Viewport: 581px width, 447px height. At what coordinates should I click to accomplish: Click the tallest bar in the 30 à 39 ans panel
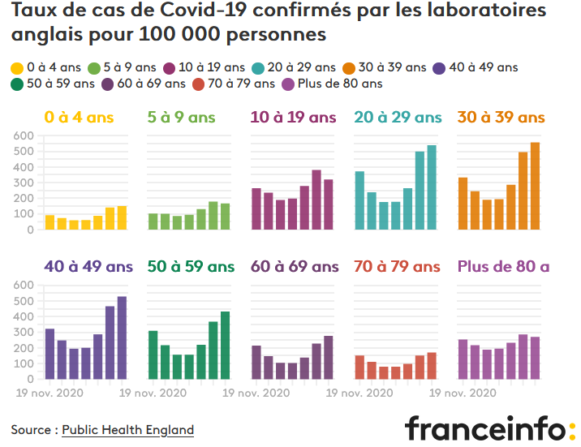(x=535, y=186)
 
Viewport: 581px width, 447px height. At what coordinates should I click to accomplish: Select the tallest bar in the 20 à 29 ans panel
(x=432, y=187)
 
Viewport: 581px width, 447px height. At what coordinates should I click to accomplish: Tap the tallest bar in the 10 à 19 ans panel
(x=316, y=200)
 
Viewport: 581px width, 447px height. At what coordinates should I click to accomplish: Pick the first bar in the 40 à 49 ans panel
(x=49, y=354)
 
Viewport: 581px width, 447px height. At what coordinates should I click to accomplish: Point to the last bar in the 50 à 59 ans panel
(x=226, y=345)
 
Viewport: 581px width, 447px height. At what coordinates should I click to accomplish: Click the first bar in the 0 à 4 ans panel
(x=49, y=222)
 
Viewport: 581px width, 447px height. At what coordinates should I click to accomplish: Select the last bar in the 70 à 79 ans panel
(x=432, y=366)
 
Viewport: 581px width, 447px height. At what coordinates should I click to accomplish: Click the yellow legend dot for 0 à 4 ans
(x=17, y=68)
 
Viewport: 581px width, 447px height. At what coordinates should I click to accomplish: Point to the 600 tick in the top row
(x=24, y=135)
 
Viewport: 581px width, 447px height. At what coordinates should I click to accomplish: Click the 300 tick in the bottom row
(x=24, y=332)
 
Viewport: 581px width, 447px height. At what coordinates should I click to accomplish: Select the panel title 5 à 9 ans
(x=181, y=118)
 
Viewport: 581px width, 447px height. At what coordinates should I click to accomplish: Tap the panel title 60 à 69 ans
(x=295, y=267)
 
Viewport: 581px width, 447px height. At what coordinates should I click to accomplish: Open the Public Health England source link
(x=128, y=430)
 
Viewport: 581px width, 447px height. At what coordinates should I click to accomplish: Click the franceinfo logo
(x=490, y=428)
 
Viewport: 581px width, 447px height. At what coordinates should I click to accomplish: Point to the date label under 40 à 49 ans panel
(x=49, y=393)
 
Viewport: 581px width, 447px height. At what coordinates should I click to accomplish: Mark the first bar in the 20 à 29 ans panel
(x=359, y=200)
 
